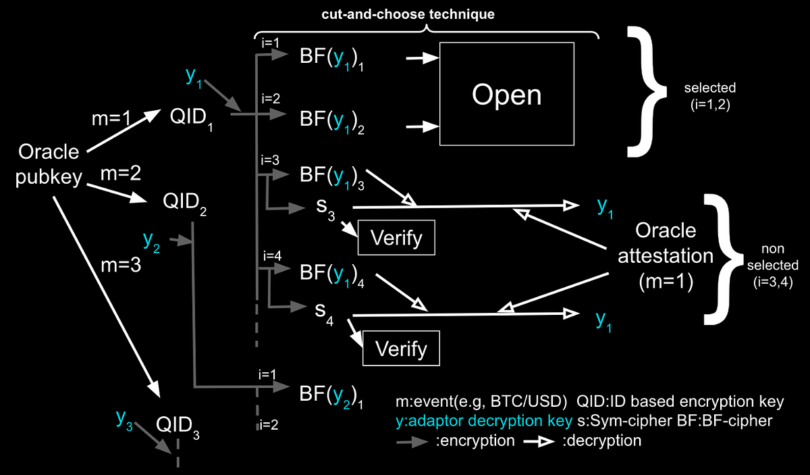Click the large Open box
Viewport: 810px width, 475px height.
click(x=506, y=94)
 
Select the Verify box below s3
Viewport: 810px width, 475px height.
click(x=397, y=238)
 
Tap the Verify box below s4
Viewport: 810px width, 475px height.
click(x=401, y=348)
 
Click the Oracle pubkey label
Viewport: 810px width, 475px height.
click(x=49, y=164)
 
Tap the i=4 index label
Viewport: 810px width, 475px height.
click(x=271, y=255)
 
